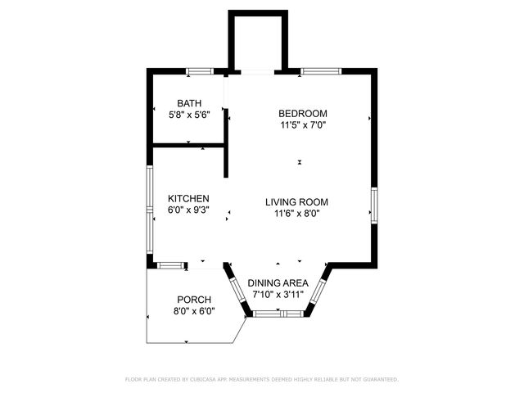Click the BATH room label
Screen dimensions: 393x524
click(189, 103)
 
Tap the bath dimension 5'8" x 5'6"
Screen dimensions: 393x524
click(189, 115)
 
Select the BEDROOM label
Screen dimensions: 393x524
click(303, 114)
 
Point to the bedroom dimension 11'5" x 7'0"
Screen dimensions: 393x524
click(303, 126)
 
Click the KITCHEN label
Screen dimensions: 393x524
click(188, 199)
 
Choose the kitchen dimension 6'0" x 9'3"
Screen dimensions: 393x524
click(188, 210)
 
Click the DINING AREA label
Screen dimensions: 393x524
click(278, 282)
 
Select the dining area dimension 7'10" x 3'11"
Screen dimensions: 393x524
click(278, 294)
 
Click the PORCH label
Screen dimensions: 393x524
click(194, 300)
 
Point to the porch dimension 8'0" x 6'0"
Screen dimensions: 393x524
click(194, 311)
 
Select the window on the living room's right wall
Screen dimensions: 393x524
click(374, 205)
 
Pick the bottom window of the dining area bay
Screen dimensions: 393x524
click(278, 314)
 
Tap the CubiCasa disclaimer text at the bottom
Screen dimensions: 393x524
click(262, 379)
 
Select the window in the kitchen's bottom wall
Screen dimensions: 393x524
click(170, 265)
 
